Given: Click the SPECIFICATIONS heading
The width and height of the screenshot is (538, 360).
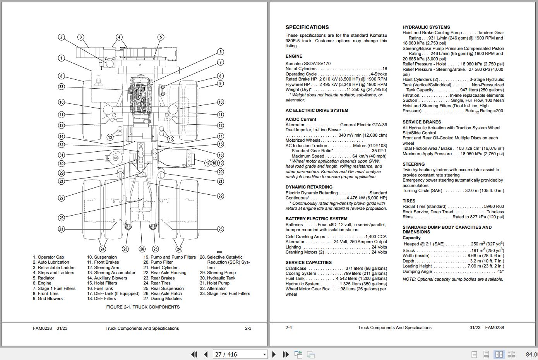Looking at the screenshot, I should [307, 27].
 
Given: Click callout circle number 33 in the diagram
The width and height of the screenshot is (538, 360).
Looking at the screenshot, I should [61, 87].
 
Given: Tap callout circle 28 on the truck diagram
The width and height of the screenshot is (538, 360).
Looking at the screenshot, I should [61, 218].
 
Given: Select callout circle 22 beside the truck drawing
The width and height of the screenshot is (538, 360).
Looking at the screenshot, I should [220, 196].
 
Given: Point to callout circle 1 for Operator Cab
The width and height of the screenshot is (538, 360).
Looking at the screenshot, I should [61, 58].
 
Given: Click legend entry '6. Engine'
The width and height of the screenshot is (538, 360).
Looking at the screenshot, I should [42, 283].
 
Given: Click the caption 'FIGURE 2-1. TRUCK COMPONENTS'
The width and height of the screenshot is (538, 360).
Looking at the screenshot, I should [143, 307].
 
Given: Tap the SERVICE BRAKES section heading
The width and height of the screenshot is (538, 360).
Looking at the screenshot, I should [421, 122].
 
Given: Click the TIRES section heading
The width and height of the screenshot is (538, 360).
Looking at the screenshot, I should [409, 201].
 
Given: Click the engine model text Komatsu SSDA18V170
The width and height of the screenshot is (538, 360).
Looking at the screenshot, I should [308, 63].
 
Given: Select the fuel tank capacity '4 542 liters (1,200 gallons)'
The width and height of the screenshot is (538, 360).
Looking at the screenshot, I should [361, 278].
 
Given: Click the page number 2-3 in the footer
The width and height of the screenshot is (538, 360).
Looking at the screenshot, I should [248, 328].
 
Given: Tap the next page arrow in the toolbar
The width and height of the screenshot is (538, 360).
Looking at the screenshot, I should [274, 354].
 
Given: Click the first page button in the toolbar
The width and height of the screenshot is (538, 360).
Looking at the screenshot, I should [194, 354].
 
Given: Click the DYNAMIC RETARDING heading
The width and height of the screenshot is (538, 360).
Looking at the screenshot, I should [309, 187].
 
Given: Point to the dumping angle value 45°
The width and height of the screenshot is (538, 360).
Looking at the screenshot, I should [500, 271].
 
